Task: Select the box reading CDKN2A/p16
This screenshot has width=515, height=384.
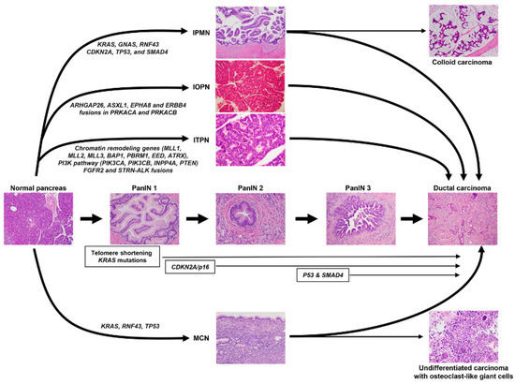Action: click(193, 268)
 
